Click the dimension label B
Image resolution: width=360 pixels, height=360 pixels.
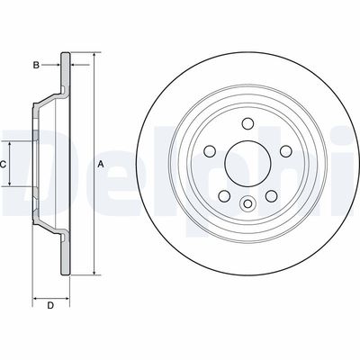click(x=36, y=64)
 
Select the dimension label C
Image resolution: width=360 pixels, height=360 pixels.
click(x=4, y=165)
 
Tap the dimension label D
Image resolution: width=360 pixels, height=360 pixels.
click(x=51, y=307)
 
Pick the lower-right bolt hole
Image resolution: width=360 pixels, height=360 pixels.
click(x=267, y=194)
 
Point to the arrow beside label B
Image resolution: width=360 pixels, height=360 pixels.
click(x=54, y=64)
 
